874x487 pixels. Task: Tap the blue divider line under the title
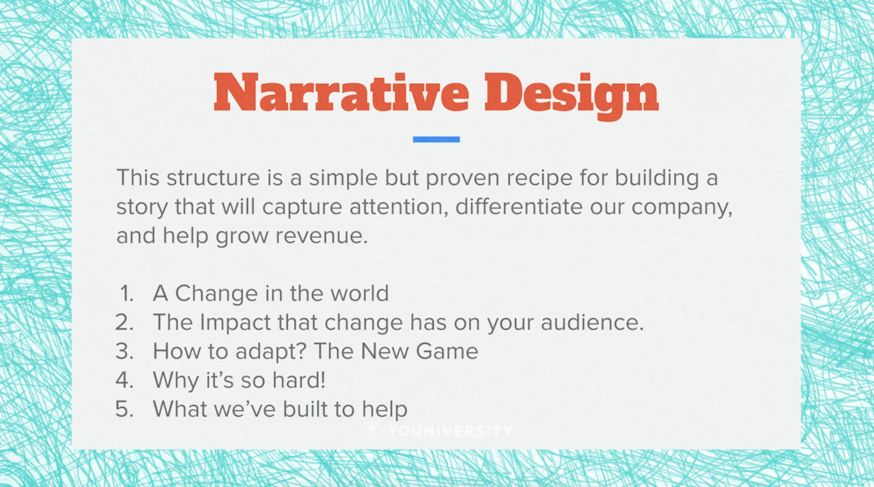pos(436,139)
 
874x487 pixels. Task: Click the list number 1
pos(126,294)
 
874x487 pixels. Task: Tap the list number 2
pos(125,322)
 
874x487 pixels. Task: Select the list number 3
pos(125,351)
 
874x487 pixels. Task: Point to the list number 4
pos(125,380)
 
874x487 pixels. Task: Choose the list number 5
pos(125,409)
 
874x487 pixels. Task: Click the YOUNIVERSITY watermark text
pos(450,431)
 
